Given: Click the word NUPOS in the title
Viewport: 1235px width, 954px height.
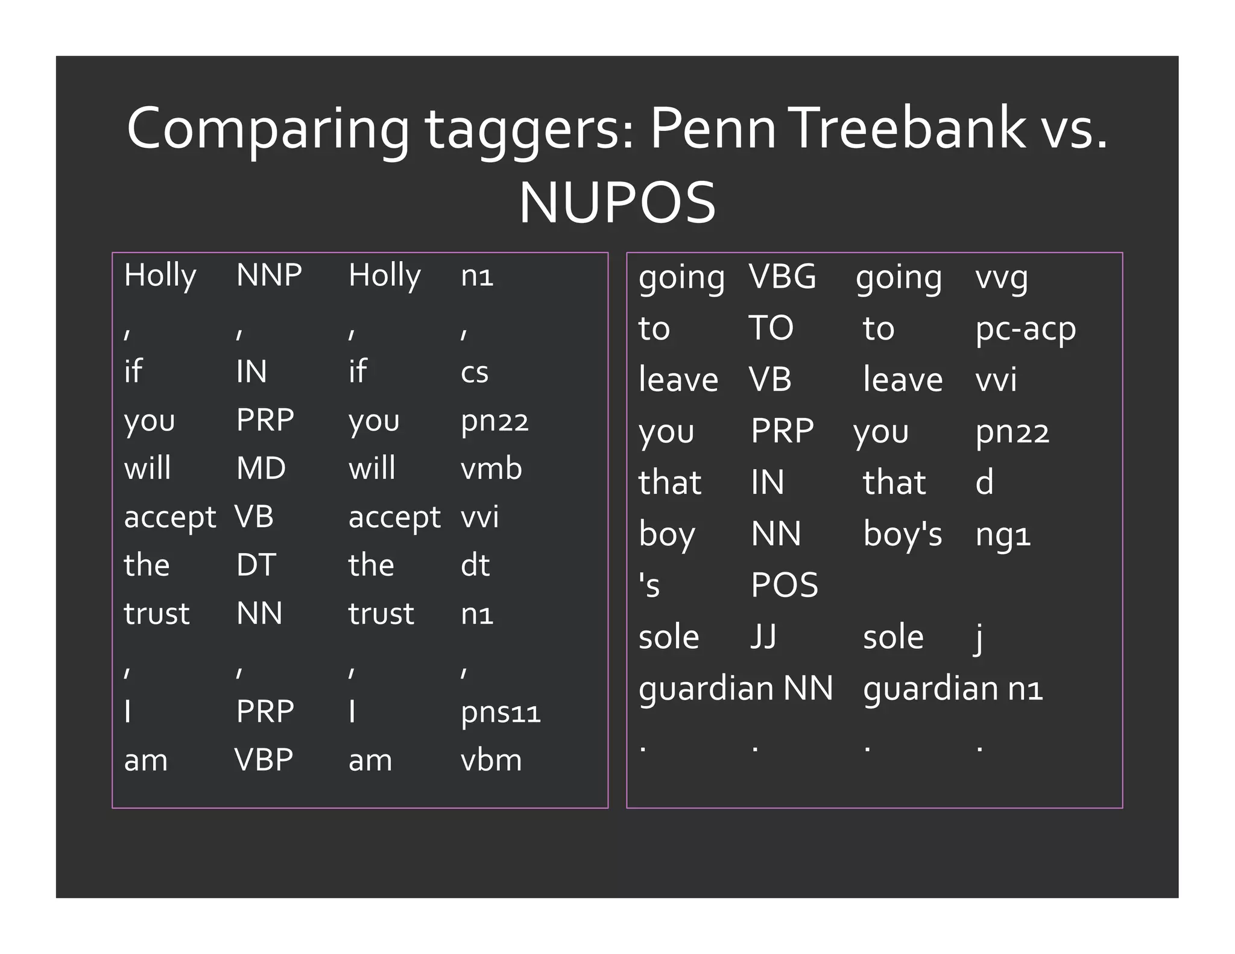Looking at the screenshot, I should (x=617, y=203).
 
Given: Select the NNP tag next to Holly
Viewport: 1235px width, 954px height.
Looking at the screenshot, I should (x=269, y=275).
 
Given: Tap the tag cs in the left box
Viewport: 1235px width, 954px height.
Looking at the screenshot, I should (x=475, y=372).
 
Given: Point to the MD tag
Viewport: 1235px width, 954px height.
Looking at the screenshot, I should (x=261, y=469).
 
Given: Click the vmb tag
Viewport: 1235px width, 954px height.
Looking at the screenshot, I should (x=491, y=469).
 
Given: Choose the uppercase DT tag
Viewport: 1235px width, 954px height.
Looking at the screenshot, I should (x=256, y=565).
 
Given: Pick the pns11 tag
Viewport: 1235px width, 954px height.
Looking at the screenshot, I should (x=501, y=712).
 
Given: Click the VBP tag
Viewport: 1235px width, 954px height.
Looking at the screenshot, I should (x=264, y=760).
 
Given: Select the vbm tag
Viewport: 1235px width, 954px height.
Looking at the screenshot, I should (x=491, y=760).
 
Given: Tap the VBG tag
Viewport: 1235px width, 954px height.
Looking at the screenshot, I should (x=782, y=277).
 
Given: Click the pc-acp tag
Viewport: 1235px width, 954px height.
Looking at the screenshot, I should (x=1025, y=329).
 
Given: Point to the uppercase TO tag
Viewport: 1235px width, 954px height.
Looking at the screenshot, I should (x=771, y=328).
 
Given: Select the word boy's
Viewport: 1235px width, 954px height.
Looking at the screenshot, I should (x=902, y=534).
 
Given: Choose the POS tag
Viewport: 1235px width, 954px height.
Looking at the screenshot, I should (x=785, y=585).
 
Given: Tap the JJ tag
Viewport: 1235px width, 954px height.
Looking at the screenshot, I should (x=763, y=637).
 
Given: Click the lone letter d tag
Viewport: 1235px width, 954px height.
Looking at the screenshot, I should (x=984, y=482).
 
